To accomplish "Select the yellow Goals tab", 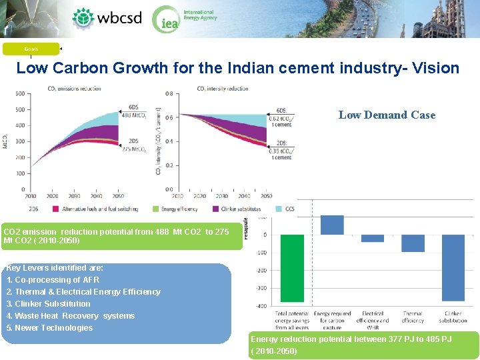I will pyautogui.click(x=31, y=49).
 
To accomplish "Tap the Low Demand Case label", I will pyautogui.click(x=387, y=115).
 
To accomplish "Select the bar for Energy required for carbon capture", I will pyautogui.click(x=332, y=225).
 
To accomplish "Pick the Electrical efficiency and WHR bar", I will pyautogui.click(x=373, y=238).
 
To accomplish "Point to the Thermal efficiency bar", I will pyautogui.click(x=413, y=243).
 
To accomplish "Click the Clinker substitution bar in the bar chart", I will pyautogui.click(x=453, y=267).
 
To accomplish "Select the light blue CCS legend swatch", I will pyautogui.click(x=279, y=209).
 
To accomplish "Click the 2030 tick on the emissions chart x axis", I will pyautogui.click(x=74, y=196).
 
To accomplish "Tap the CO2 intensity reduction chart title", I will pyautogui.click(x=223, y=89).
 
